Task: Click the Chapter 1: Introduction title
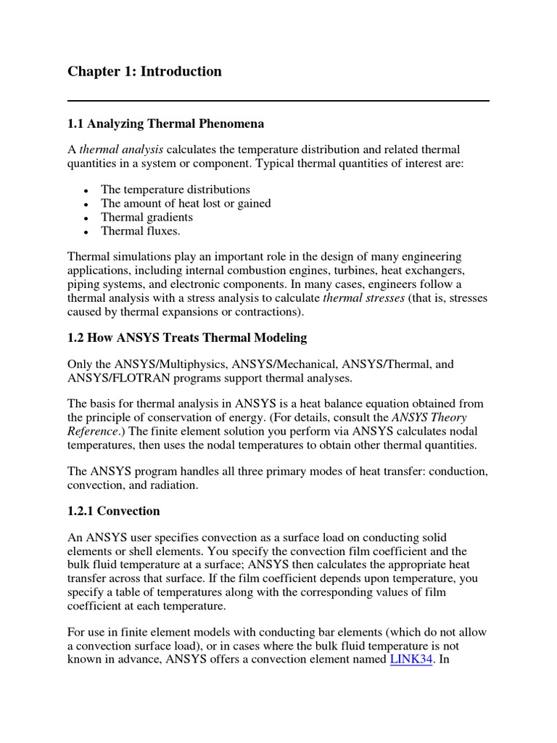[144, 71]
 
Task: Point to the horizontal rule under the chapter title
[278, 101]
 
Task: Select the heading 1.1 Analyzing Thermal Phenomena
[165, 124]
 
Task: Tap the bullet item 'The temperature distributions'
[175, 189]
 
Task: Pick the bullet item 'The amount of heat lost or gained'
[186, 203]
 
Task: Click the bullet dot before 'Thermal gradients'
[86, 218]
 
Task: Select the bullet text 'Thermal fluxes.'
[140, 231]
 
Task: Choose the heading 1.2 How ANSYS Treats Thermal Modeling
[187, 337]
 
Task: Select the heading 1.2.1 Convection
[113, 511]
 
